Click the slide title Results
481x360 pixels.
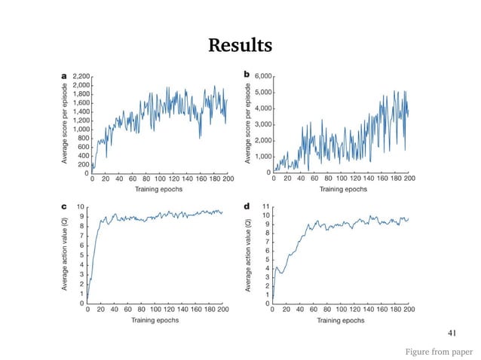240,47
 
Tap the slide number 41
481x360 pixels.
453,331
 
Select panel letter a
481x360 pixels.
64,75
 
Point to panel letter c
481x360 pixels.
64,205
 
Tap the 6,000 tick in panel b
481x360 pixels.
263,76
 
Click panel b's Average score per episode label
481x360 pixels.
249,124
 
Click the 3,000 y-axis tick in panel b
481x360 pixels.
263,124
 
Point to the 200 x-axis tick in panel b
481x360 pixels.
409,180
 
